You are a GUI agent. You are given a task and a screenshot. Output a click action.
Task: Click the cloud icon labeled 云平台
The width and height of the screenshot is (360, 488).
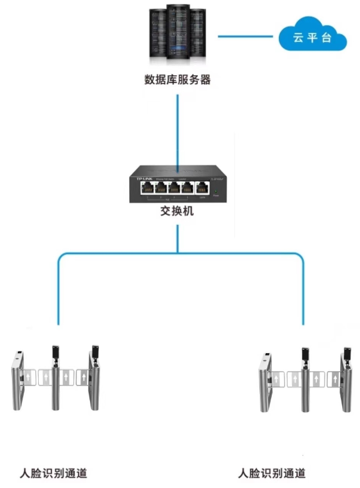tap(312, 37)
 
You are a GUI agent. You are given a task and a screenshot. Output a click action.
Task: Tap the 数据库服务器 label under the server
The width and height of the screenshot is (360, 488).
tap(178, 79)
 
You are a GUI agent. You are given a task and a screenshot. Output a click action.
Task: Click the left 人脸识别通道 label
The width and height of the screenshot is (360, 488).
tap(54, 474)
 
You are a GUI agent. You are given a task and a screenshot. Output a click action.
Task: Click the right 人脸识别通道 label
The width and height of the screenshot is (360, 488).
tap(272, 474)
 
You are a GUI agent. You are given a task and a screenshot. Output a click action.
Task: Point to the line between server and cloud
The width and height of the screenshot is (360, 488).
tap(246, 36)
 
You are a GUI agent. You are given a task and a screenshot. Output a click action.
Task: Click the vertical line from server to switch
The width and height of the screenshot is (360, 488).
tap(178, 125)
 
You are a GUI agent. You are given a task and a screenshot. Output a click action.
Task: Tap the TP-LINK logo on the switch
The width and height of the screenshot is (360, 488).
tap(145, 178)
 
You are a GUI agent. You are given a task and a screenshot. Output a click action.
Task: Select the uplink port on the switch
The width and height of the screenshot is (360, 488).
tap(202, 188)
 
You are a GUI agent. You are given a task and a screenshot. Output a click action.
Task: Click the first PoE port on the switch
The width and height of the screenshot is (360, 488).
tap(147, 188)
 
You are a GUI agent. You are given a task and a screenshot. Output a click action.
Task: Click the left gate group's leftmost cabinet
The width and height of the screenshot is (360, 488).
tap(18, 382)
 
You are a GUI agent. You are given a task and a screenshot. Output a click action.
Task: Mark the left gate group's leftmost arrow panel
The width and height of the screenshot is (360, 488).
tap(29, 378)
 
